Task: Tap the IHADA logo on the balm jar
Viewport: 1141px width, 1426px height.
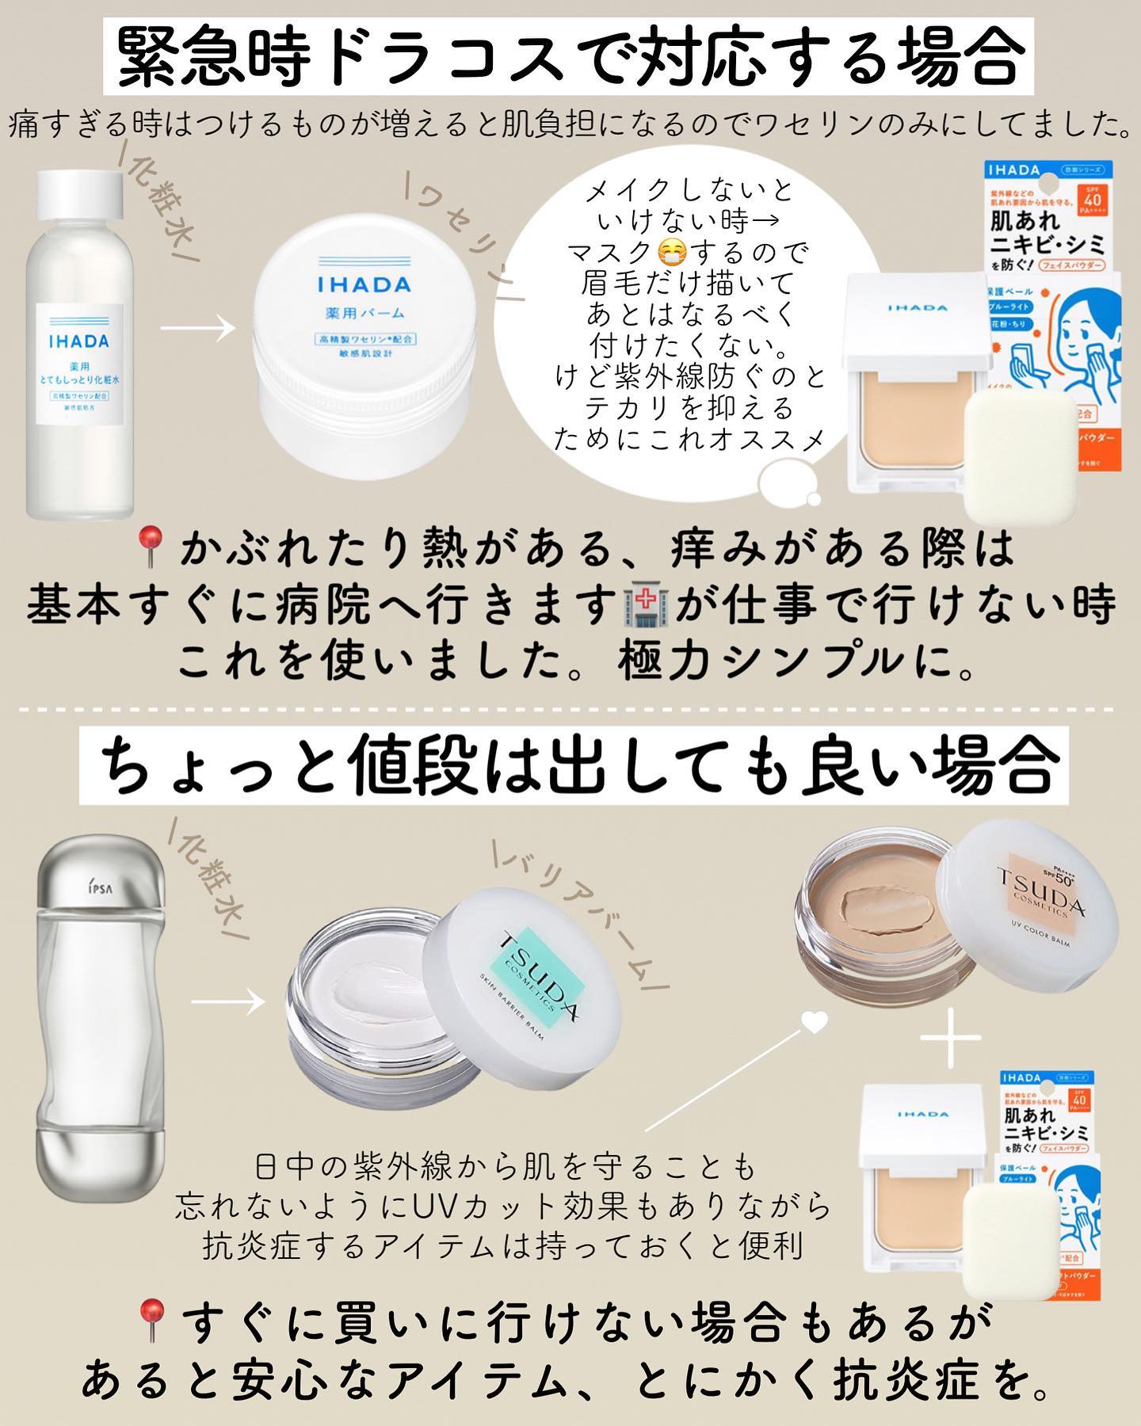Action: click(364, 284)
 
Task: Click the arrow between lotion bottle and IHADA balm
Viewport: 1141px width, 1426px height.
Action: click(197, 327)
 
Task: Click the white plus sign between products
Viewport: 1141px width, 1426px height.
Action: click(952, 1037)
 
